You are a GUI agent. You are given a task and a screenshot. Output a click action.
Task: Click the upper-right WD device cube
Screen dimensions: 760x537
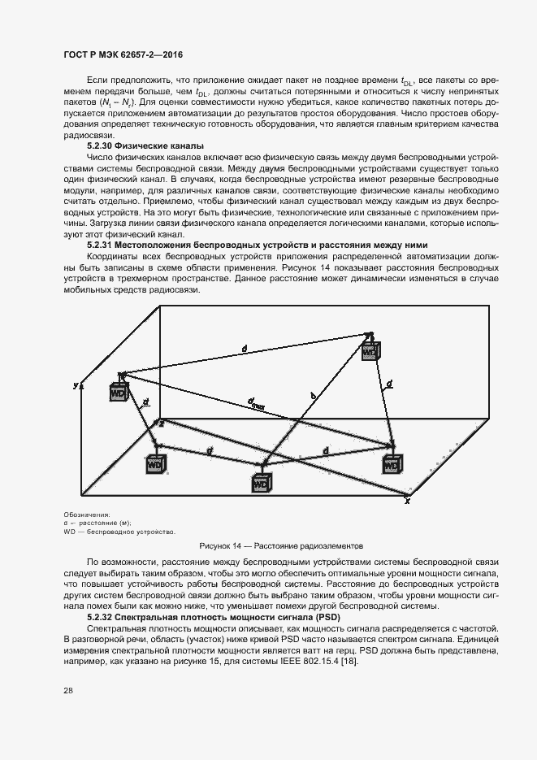click(x=370, y=351)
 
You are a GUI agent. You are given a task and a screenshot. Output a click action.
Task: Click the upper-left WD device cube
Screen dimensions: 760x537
click(x=119, y=392)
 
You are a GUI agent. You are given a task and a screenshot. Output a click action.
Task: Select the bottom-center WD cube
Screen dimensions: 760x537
click(x=261, y=482)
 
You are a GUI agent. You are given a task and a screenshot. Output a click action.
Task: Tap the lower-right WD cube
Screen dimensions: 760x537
click(x=392, y=464)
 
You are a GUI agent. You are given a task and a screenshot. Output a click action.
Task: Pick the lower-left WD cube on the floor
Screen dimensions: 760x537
click(x=156, y=463)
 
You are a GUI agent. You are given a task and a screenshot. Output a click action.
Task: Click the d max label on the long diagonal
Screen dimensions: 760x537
click(x=257, y=402)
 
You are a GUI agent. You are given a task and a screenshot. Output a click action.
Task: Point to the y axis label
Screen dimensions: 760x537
click(x=75, y=384)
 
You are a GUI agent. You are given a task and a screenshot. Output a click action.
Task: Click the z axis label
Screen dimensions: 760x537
click(x=161, y=423)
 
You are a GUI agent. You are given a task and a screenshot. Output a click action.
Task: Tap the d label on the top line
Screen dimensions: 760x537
click(x=245, y=348)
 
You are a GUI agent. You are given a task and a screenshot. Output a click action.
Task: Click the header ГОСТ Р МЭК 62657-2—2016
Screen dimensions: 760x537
click(x=123, y=54)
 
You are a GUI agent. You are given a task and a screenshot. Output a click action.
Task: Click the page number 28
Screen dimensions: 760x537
click(x=67, y=691)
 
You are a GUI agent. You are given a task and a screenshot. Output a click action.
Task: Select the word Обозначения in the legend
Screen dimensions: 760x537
click(x=85, y=515)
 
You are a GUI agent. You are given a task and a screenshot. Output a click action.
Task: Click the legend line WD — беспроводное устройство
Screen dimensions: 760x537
click(x=119, y=532)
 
